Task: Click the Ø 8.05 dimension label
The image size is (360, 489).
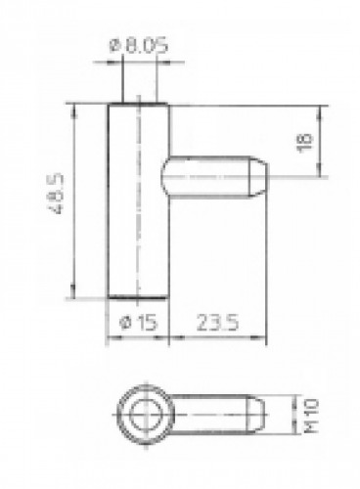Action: [x=139, y=45]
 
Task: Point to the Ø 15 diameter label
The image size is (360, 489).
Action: [x=139, y=323]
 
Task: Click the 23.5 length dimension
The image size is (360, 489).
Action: [x=217, y=323]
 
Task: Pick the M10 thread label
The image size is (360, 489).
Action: [x=311, y=415]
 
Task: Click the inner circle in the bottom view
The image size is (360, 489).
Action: [x=146, y=415]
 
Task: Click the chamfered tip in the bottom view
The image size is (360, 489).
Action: [x=255, y=415]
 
